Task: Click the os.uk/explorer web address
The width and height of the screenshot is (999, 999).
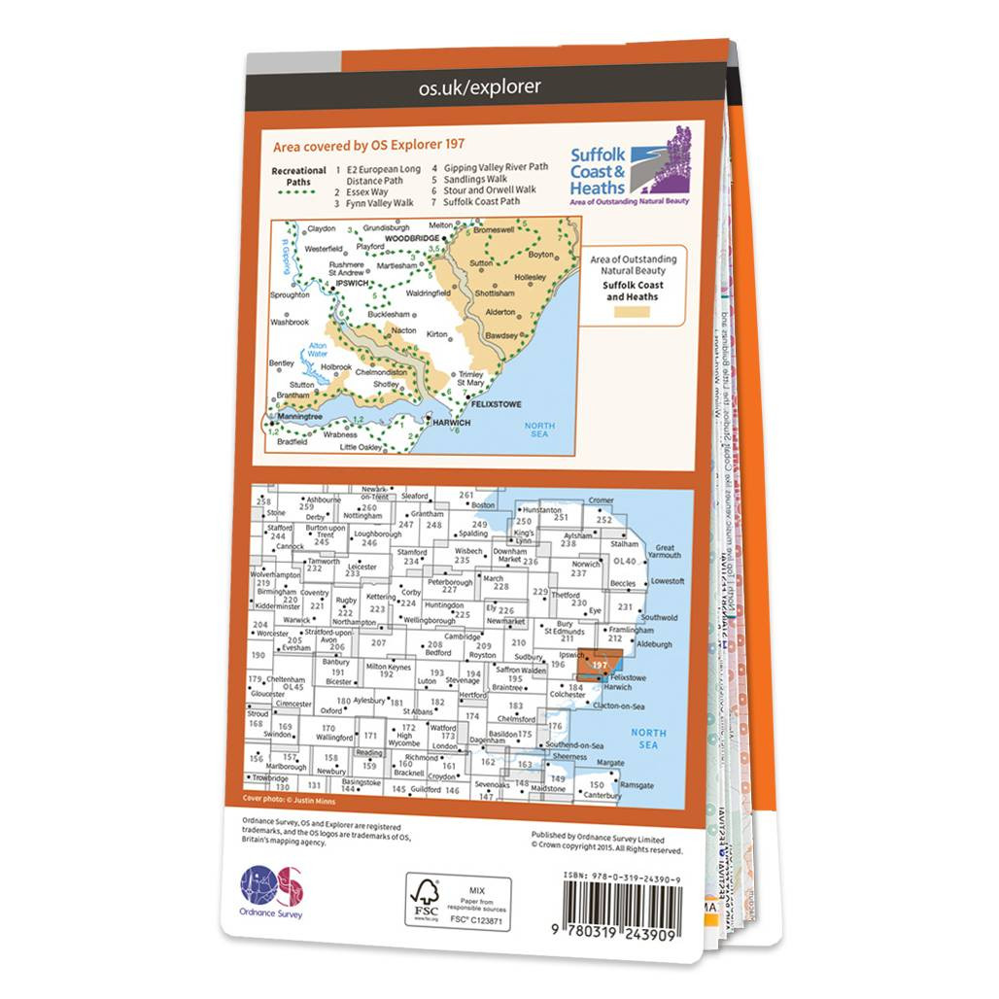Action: point(479,88)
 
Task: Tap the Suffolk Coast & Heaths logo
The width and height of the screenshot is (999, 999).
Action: point(630,166)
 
